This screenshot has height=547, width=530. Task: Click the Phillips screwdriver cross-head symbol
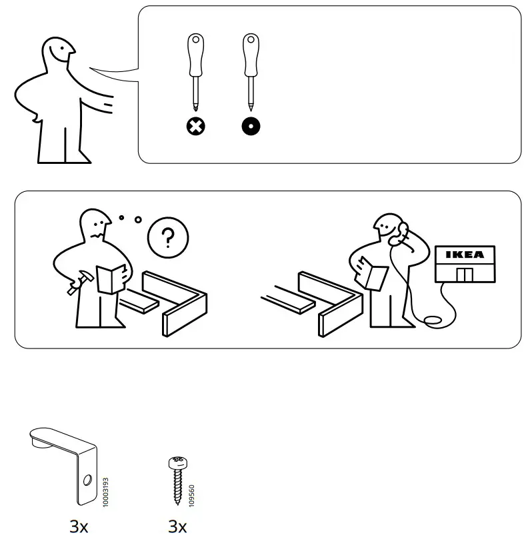pos(196,126)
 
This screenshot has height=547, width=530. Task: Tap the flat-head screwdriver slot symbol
pos(251,126)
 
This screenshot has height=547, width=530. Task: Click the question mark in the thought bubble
pos(167,237)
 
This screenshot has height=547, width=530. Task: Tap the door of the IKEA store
pos(464,274)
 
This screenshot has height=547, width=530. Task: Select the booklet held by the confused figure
pos(110,278)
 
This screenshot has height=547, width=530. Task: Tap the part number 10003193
pos(106,492)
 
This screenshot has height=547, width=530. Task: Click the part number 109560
pos(193,496)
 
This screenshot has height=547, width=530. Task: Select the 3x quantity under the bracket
pos(79,527)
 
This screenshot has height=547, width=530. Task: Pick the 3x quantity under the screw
pos(177,527)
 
